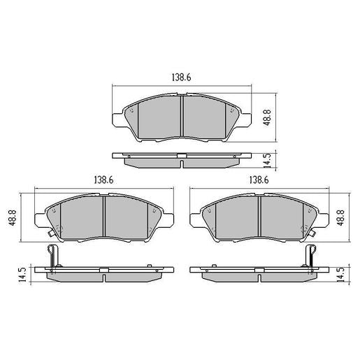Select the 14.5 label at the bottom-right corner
[340, 274]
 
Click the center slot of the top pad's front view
[182, 116]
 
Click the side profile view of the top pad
[182, 160]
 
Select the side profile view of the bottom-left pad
[103, 273]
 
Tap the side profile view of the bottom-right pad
[259, 273]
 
